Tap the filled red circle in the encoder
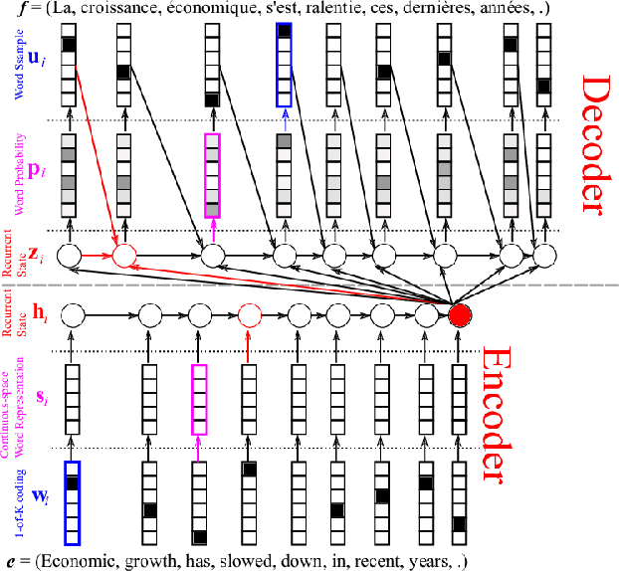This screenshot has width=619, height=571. [x=459, y=316]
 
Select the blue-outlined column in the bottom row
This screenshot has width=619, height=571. [x=71, y=503]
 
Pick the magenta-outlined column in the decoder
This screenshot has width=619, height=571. [x=212, y=175]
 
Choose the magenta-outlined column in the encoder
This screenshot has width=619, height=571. [x=198, y=400]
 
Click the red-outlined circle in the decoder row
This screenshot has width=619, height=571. [x=123, y=257]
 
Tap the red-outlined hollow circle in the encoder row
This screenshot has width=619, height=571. [x=249, y=316]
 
